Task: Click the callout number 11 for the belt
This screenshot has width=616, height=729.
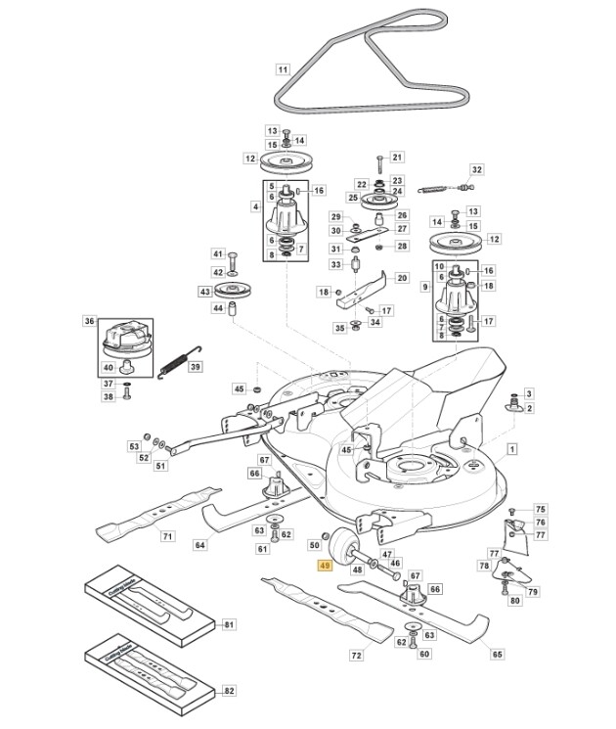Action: point(284,69)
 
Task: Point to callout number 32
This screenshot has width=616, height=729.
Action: point(477,169)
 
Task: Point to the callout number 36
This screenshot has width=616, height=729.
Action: point(89,321)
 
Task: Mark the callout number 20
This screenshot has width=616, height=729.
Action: point(401,278)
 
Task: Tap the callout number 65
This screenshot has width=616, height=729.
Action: point(497,654)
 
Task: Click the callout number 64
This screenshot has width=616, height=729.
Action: point(199,545)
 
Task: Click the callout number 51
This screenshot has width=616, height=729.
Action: point(160,466)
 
